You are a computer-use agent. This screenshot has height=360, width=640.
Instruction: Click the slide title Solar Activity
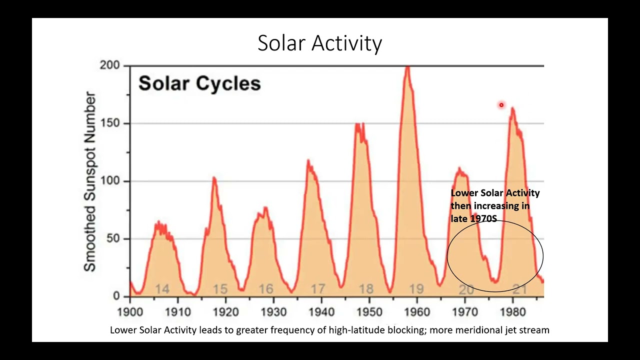[x=319, y=43]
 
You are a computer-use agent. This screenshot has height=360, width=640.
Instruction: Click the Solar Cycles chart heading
[x=199, y=83]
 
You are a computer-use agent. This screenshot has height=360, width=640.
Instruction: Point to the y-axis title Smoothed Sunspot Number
[x=90, y=181]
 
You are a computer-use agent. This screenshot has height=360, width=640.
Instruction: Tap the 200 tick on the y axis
[x=110, y=65]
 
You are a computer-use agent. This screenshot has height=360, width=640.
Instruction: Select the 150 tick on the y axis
[x=110, y=123]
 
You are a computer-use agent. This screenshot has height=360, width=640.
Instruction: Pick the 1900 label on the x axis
[x=130, y=312]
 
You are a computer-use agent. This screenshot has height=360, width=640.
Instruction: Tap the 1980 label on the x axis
[x=513, y=312]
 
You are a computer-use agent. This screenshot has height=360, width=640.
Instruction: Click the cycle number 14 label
[x=162, y=289]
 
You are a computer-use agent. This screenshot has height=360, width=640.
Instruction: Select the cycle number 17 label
[x=318, y=289]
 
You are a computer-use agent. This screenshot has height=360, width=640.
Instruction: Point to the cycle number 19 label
[x=416, y=289]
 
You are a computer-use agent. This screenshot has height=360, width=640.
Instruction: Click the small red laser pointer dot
[x=501, y=105]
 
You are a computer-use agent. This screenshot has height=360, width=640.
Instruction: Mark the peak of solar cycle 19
[x=408, y=67]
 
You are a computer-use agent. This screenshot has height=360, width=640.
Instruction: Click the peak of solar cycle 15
[x=214, y=178]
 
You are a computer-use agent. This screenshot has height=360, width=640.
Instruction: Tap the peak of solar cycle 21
[x=512, y=108]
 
